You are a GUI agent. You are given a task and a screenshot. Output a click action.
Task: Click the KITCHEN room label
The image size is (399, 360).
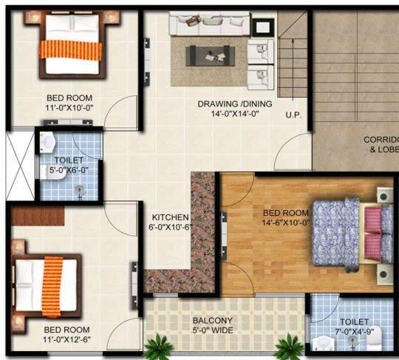pyautogui.click(x=170, y=217)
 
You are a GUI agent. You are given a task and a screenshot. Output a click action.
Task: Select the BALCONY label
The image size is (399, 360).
pyautogui.click(x=213, y=320)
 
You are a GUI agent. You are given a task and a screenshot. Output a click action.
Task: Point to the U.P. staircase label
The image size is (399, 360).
pyautogui.click(x=293, y=115)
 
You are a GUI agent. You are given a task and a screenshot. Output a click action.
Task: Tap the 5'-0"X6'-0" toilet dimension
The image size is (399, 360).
pyautogui.click(x=69, y=170)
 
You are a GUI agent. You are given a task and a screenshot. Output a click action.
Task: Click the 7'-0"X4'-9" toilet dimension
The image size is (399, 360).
pyautogui.click(x=355, y=332)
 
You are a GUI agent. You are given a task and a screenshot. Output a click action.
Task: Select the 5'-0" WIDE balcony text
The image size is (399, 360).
pyautogui.click(x=213, y=330)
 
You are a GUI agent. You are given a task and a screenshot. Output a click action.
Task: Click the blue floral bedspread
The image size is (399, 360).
pyautogui.click(x=337, y=233)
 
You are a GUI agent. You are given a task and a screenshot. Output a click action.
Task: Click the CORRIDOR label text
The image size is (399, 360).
pyautogui.click(x=381, y=140)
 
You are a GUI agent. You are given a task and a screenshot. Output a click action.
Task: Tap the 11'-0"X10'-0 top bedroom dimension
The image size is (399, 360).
pyautogui.click(x=69, y=107)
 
